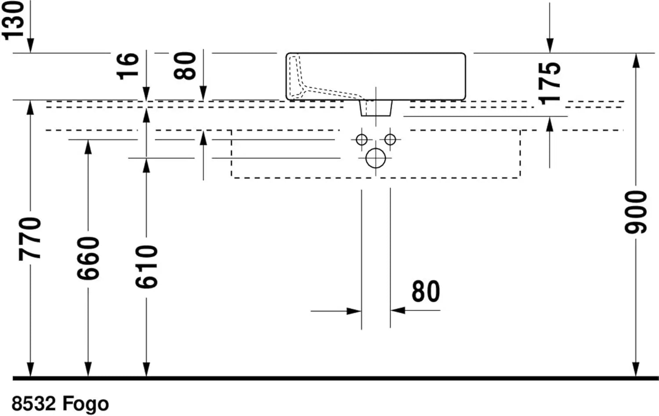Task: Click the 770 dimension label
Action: (x=30, y=238)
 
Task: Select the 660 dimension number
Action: (x=88, y=258)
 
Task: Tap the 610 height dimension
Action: (x=146, y=267)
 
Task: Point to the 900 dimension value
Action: (x=636, y=212)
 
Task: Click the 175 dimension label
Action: (x=550, y=83)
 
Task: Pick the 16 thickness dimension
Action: (x=127, y=66)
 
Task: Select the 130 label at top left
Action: (x=13, y=20)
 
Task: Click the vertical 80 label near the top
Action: (x=185, y=66)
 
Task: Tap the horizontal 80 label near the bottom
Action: (x=425, y=292)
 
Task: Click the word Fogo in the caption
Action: (x=85, y=404)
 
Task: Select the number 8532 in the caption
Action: (x=34, y=404)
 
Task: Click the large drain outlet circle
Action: (x=376, y=158)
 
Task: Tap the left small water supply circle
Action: (x=362, y=140)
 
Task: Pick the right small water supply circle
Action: (x=390, y=140)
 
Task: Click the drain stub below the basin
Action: (x=376, y=108)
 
